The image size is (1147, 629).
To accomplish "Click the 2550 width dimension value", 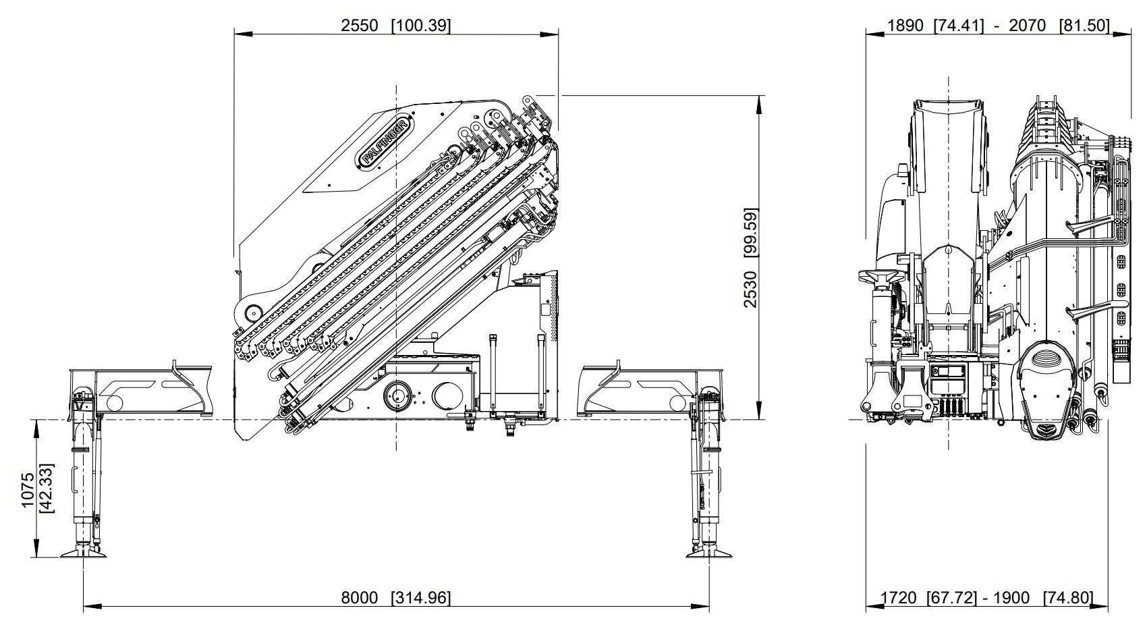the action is tap(360, 25).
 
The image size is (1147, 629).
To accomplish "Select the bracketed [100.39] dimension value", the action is tap(421, 25).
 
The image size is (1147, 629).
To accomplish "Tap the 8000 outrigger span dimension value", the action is tap(360, 598).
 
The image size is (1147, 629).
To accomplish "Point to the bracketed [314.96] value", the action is tap(421, 598).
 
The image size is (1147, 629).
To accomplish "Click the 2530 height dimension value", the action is tap(750, 290).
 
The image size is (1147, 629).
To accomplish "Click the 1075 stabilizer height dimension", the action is tap(28, 490).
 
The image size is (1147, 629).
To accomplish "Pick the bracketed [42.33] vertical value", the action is tap(47, 490).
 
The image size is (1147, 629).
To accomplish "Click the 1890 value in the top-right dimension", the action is tap(905, 25).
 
